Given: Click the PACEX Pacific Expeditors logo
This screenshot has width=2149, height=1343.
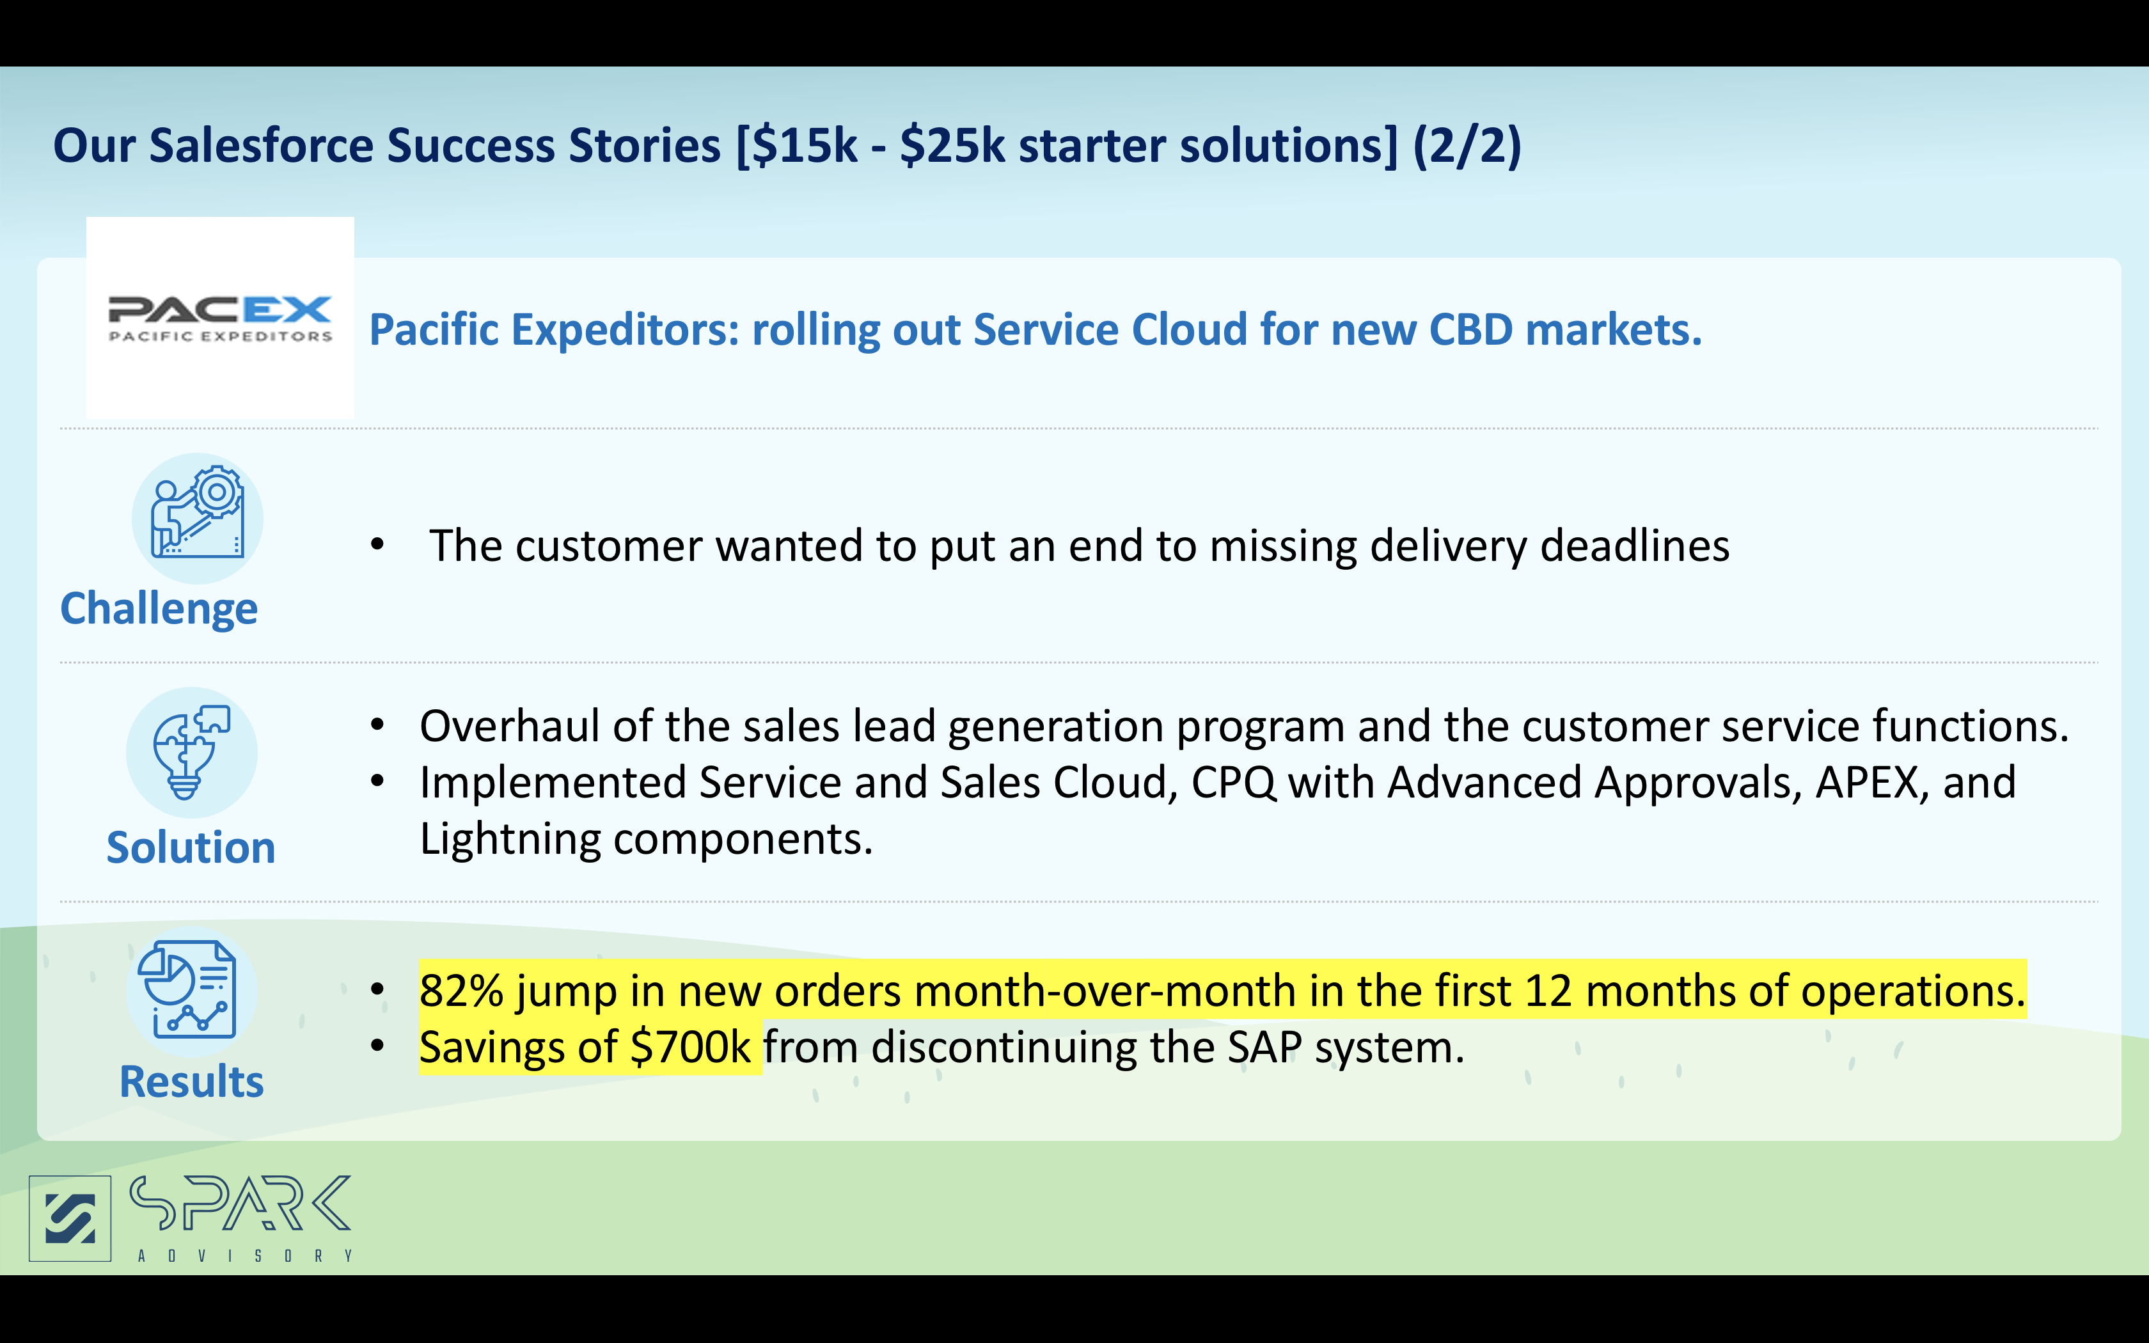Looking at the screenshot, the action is click(220, 318).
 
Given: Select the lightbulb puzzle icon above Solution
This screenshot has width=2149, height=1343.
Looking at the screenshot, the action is click(192, 752).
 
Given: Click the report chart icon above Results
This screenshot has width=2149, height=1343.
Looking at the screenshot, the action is click(192, 991).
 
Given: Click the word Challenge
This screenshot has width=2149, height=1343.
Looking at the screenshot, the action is click(159, 610).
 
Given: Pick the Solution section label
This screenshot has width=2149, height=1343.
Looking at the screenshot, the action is click(191, 847).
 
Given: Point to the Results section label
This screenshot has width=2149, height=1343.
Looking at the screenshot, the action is click(192, 1082).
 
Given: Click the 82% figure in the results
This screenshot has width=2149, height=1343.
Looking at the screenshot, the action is click(462, 991).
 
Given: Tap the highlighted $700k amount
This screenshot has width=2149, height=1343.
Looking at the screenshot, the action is click(690, 1048).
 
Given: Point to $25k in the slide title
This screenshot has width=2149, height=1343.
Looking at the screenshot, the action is click(952, 146).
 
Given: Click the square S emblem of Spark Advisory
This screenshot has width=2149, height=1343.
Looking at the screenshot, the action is click(70, 1219).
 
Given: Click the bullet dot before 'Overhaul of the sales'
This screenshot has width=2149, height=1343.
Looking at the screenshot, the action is click(377, 726).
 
